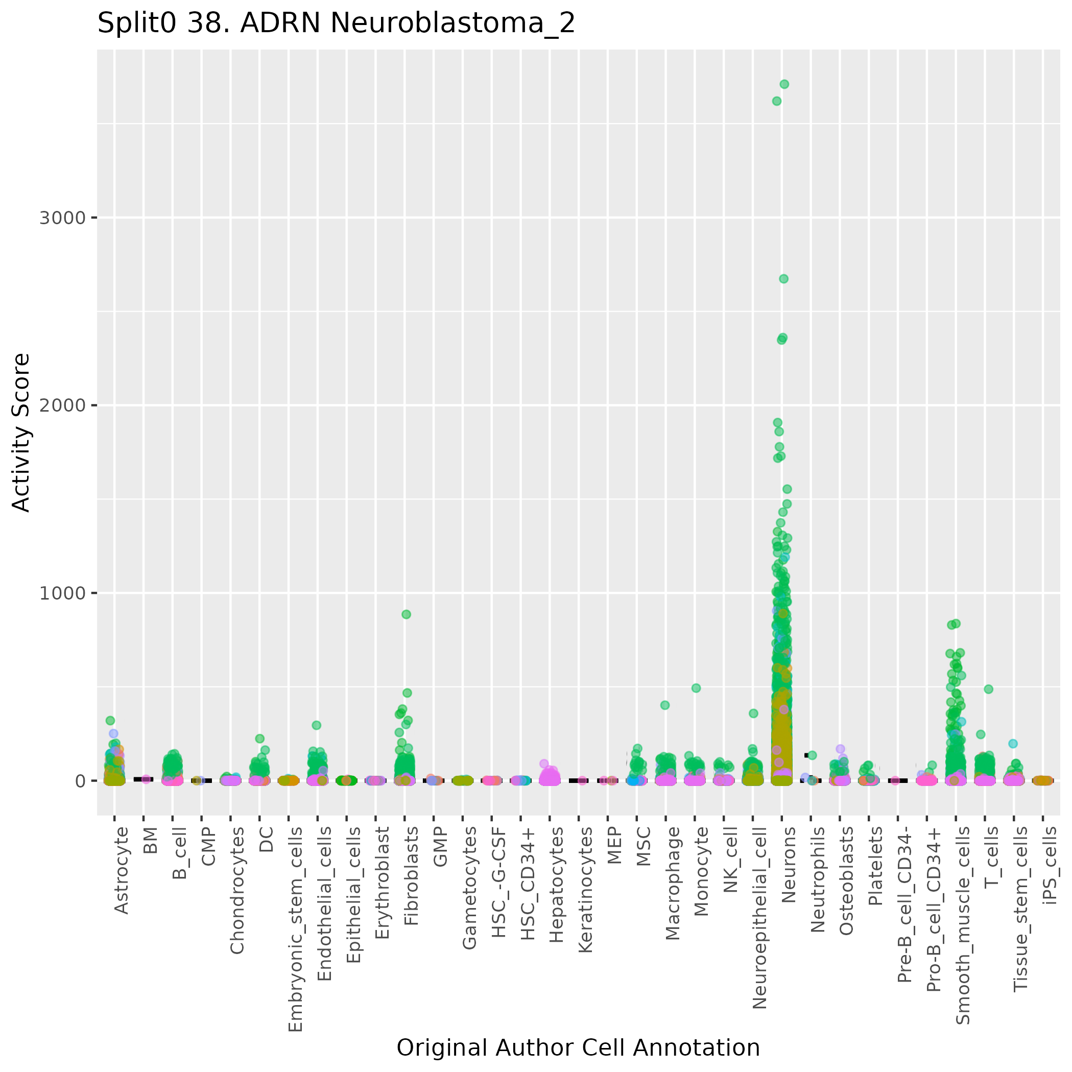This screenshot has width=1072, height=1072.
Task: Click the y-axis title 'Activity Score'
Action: [21, 432]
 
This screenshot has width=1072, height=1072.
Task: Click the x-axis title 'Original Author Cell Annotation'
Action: [578, 1047]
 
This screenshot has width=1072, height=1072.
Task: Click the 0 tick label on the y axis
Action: [80, 781]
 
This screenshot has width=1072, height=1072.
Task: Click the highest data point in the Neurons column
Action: [784, 84]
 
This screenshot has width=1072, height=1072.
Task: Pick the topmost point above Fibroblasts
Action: [406, 614]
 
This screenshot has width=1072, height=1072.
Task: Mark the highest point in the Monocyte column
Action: [696, 688]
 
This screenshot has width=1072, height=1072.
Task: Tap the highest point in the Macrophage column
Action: [665, 705]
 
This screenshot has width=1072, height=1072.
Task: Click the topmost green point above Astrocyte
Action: [110, 721]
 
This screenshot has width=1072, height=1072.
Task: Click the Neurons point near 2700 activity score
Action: [783, 278]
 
